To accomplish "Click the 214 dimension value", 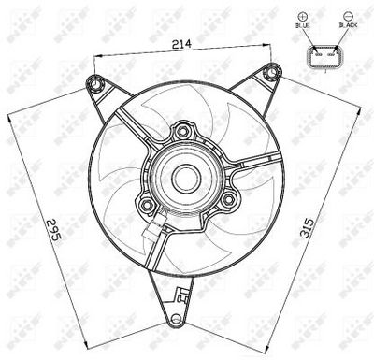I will click(x=182, y=44).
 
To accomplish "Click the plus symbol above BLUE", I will click(x=303, y=17).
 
